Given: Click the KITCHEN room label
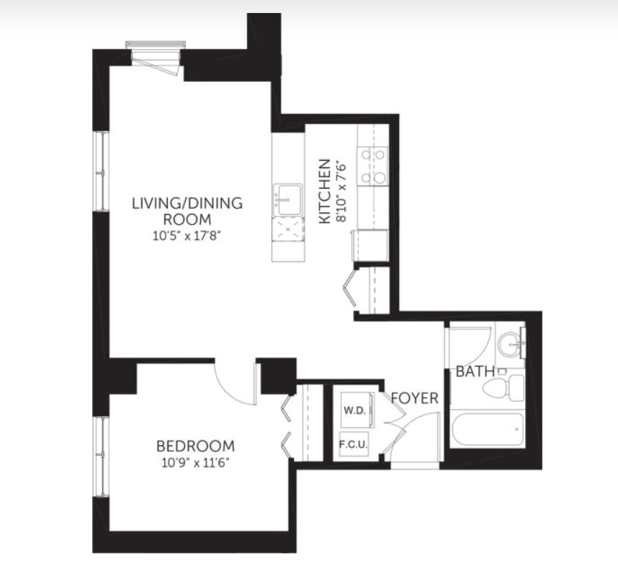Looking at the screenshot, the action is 324,191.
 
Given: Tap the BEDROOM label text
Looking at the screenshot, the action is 195,447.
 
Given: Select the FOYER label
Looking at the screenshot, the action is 415,398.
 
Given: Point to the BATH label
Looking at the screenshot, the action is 475,372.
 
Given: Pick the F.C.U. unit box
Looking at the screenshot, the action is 354,444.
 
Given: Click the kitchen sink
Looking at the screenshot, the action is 287,200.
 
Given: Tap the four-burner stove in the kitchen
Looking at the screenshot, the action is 372,166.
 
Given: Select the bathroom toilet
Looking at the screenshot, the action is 503,387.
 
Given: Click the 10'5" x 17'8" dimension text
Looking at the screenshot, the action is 187,236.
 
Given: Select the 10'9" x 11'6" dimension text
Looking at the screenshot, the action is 195,462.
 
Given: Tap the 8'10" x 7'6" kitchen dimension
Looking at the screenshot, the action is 341,191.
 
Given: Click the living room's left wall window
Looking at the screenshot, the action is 102,171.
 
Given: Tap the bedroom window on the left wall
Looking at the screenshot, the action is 102,457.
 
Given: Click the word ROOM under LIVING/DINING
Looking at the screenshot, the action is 187,219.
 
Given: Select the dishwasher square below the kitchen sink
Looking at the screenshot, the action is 288,229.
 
